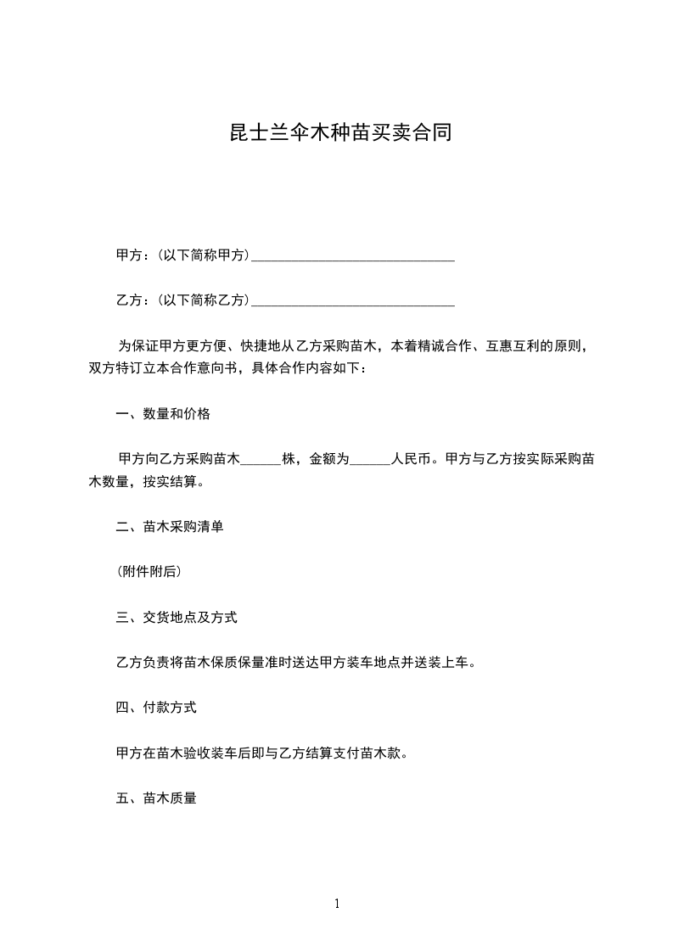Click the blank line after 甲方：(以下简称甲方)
(353, 255)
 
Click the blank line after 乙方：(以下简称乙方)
(353, 300)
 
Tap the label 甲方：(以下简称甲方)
(182, 255)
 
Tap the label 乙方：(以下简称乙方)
(182, 300)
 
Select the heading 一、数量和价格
(163, 415)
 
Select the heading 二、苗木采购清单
(170, 527)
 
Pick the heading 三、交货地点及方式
(177, 618)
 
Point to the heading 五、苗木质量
(156, 798)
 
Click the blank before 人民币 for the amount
(370, 460)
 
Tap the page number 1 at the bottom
(337, 904)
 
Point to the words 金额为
(330, 460)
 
